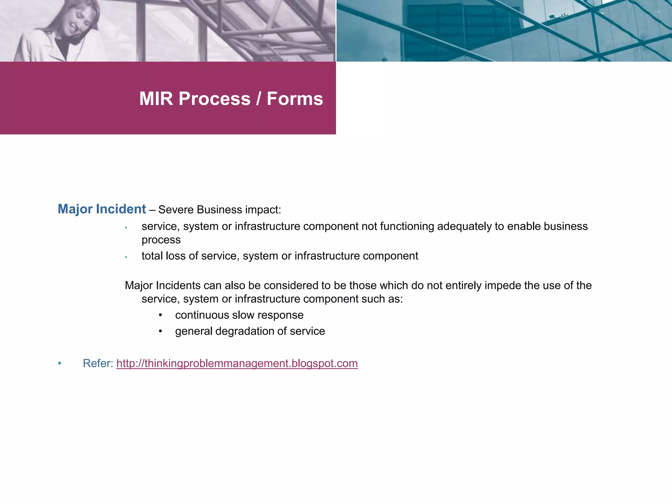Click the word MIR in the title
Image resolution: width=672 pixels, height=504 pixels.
[156, 99]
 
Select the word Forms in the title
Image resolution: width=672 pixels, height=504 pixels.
[295, 99]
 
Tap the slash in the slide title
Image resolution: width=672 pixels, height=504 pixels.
[259, 99]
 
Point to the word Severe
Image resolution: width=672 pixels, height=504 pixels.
[176, 210]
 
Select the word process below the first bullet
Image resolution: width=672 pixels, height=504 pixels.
[161, 240]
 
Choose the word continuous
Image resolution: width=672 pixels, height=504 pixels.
[202, 315]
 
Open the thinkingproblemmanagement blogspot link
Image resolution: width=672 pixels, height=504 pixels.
[237, 364]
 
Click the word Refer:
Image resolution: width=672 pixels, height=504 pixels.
[98, 364]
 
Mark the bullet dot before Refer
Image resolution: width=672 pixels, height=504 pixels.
[59, 364]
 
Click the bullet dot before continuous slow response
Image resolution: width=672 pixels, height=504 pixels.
[160, 315]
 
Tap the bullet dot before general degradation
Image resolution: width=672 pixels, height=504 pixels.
[160, 331]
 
